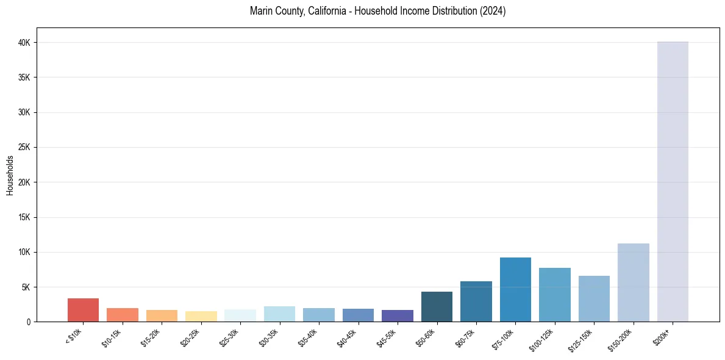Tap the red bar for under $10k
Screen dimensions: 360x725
coord(83,310)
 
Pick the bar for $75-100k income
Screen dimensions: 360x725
coord(515,289)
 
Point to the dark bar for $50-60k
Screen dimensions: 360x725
coord(437,306)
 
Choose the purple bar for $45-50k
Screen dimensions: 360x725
coord(398,315)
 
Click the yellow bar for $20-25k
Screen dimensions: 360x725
coord(201,316)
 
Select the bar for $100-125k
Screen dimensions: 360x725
coord(555,295)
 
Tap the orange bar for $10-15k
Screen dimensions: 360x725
coord(123,315)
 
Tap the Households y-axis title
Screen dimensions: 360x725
coord(10,175)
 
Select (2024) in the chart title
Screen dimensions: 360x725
coord(493,11)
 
